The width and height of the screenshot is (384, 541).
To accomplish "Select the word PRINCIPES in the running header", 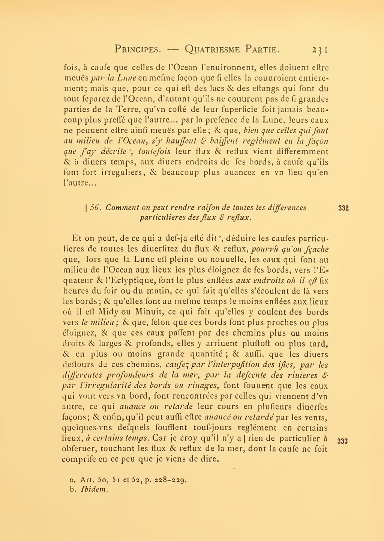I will point(138,49).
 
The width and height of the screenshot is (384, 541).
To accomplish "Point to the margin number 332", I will point(343,208).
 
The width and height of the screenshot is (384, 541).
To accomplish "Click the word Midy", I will point(108,312).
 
